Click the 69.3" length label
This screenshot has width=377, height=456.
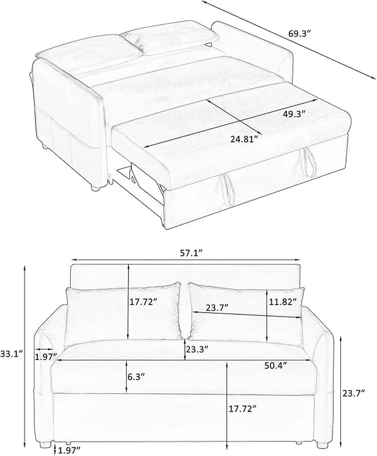tap(300, 33)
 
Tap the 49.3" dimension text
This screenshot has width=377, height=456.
tap(294, 114)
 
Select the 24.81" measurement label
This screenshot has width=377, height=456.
tap(244, 140)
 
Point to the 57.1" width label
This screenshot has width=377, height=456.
tap(190, 253)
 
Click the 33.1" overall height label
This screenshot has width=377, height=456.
tap(11, 354)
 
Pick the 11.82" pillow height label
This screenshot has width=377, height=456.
tap(283, 302)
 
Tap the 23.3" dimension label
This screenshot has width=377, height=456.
tap(197, 349)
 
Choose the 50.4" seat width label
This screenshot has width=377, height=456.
tap(276, 364)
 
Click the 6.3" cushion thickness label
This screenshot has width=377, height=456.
tap(136, 377)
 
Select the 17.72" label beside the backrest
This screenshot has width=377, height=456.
tap(144, 302)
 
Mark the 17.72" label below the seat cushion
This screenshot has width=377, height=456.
tap(242, 409)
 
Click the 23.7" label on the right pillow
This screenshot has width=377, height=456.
tap(216, 308)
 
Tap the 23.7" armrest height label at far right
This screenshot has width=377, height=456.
tap(353, 393)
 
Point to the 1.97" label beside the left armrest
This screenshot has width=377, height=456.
tap(46, 357)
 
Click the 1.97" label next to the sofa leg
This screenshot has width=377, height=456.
tap(69, 451)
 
